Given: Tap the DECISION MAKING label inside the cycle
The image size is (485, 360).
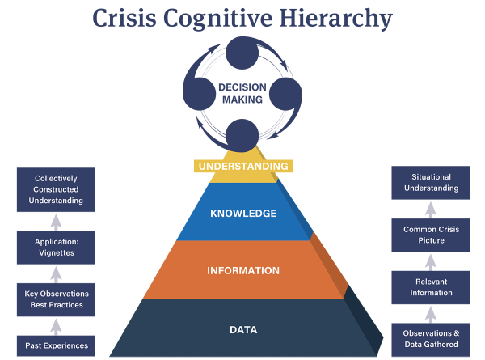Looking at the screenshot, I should [242, 92].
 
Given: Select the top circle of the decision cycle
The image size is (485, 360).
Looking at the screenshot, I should [242, 53].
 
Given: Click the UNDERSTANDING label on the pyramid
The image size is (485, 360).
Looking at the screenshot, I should [243, 166].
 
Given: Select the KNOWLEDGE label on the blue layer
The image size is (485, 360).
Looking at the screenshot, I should [243, 214].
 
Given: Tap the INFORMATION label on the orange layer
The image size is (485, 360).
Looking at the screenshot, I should [243, 270].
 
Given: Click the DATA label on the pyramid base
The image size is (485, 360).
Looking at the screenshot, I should [243, 329].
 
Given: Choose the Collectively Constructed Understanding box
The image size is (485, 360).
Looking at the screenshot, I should [55, 189].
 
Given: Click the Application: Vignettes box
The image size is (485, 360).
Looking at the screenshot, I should [55, 247].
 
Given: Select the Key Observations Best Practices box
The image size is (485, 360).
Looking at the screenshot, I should [55, 299].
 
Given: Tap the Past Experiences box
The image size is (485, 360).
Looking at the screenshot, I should [55, 345].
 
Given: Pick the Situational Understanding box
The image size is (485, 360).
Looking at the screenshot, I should [431, 183].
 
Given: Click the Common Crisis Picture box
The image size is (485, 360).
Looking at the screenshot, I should [431, 235].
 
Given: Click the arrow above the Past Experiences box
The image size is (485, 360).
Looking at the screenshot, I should [55, 326].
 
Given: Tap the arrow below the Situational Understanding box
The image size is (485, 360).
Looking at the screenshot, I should [431, 209].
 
